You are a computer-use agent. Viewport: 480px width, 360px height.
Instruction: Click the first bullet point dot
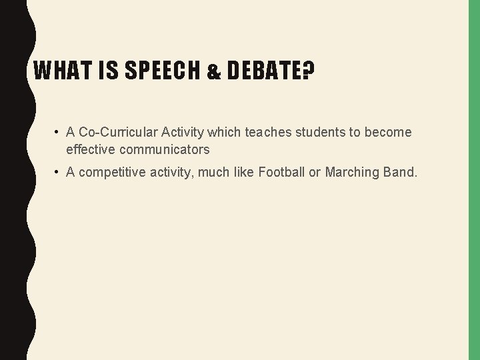tap(58, 133)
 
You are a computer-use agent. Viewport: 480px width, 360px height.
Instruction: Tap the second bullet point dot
tap(58, 173)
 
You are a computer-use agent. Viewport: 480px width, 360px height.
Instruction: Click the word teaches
tap(269, 133)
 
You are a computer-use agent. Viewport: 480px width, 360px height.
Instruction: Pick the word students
tap(319, 133)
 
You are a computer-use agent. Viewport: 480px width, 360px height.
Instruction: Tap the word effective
tap(89, 149)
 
